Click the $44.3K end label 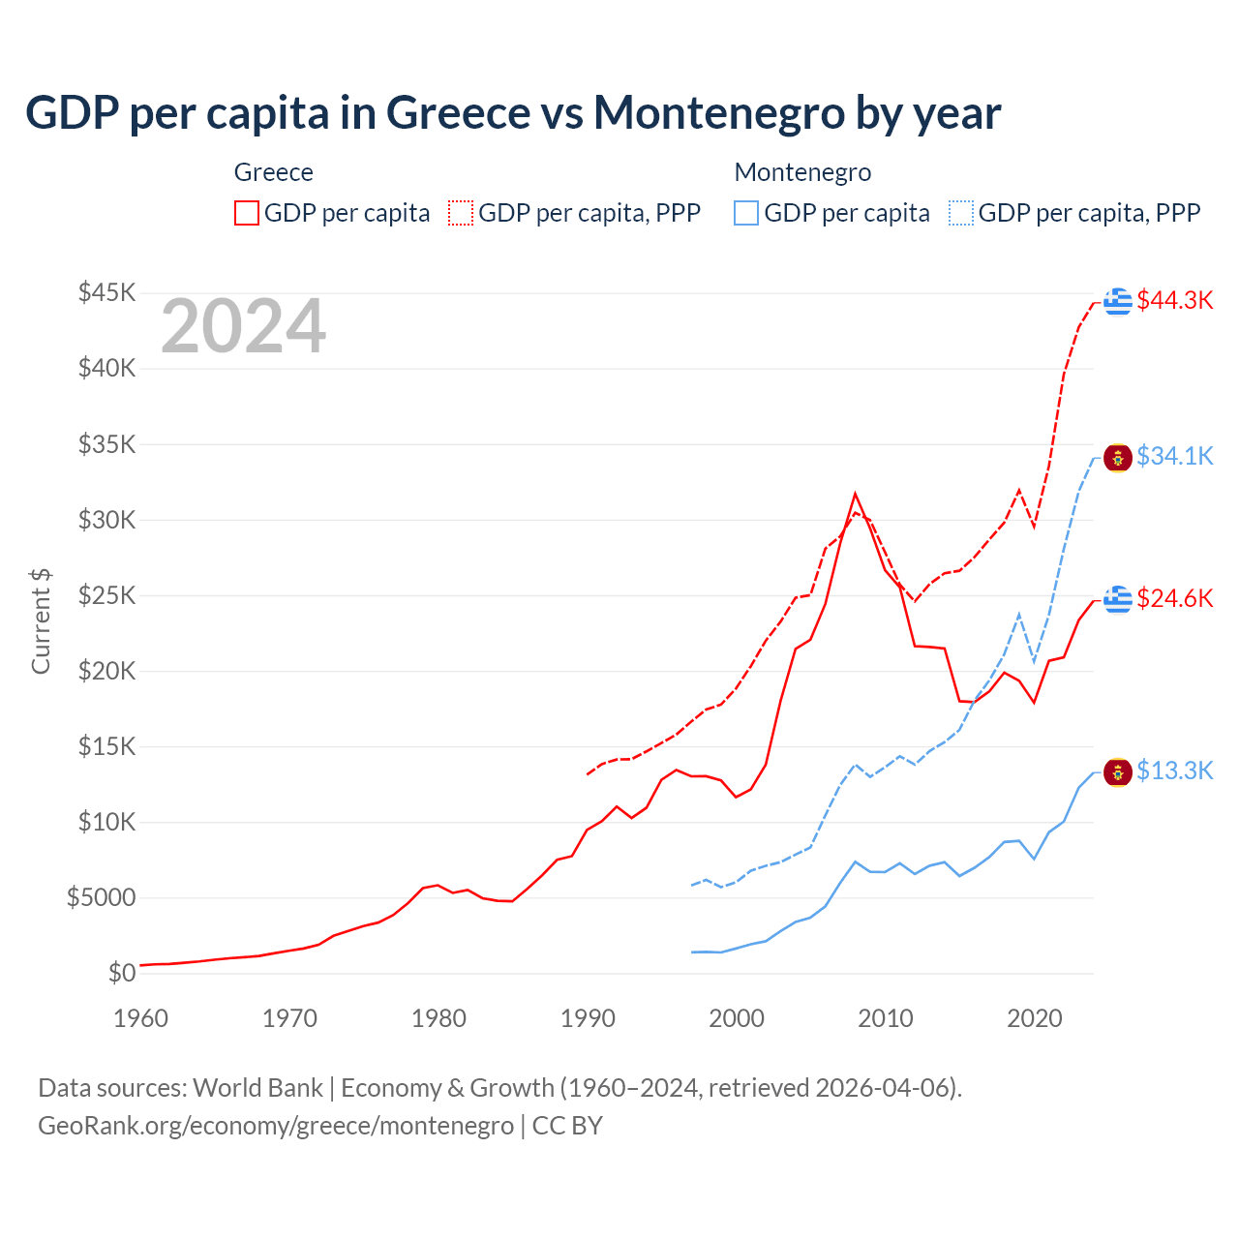pyautogui.click(x=1174, y=300)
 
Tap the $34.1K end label pyautogui.click(x=1174, y=455)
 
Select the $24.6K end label pyautogui.click(x=1174, y=598)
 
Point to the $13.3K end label pyautogui.click(x=1174, y=771)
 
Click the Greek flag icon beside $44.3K pyautogui.click(x=1118, y=301)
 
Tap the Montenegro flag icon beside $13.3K pyautogui.click(x=1118, y=772)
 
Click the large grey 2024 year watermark pyautogui.click(x=243, y=326)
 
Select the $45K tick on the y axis pyautogui.click(x=107, y=292)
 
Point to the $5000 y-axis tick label pyautogui.click(x=101, y=897)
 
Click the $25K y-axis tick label pyautogui.click(x=107, y=595)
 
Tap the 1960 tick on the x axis pyautogui.click(x=140, y=1018)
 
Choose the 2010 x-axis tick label pyautogui.click(x=886, y=1018)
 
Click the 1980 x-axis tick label pyautogui.click(x=438, y=1018)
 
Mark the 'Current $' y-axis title pyautogui.click(x=41, y=620)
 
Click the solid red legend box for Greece pyautogui.click(x=247, y=213)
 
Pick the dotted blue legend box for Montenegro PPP pyautogui.click(x=961, y=213)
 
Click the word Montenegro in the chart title pyautogui.click(x=719, y=112)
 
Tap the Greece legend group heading pyautogui.click(x=274, y=172)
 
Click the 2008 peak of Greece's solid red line pyautogui.click(x=855, y=494)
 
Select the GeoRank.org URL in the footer pyautogui.click(x=276, y=1126)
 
